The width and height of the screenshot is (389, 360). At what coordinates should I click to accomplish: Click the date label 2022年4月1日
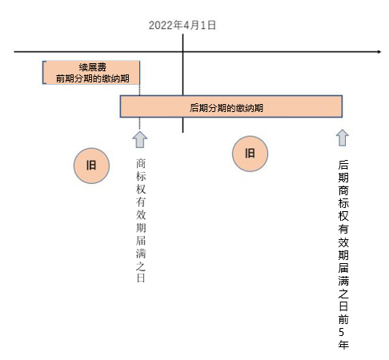pos(182,26)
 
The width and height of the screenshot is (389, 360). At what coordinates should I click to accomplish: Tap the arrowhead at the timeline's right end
pos(379,52)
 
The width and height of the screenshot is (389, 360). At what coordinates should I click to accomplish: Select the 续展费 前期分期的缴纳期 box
pos(91,73)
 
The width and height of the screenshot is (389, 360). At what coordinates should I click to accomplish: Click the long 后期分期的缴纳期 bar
pos(231,106)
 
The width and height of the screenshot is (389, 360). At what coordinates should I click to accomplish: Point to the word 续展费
pos(93,67)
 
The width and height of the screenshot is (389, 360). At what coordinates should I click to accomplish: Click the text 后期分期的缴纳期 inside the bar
pos(227,108)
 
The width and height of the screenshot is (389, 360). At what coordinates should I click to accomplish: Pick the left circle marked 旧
pos(91,166)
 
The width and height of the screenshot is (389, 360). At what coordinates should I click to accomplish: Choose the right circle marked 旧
pos(250,154)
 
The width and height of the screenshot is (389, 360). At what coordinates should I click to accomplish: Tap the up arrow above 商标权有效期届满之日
pos(140,139)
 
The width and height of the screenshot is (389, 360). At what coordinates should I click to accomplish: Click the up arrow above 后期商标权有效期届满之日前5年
pos(343,138)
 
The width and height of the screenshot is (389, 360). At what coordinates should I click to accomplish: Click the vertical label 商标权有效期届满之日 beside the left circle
pos(141,221)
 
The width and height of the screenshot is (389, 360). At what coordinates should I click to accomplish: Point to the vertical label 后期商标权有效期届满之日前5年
pos(343,254)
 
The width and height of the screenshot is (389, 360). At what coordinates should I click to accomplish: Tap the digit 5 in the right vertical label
pos(342,332)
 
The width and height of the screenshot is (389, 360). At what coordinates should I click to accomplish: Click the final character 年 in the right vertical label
pos(343,345)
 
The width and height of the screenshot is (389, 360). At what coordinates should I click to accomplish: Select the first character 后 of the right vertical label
pos(343,165)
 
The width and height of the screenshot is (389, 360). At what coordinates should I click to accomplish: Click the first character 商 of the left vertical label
pos(141,163)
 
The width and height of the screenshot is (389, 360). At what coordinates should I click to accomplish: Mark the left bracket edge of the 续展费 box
pos(43,73)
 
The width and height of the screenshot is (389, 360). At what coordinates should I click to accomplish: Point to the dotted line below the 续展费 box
pos(139,106)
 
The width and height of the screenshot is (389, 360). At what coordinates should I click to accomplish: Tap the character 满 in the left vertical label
pos(141,254)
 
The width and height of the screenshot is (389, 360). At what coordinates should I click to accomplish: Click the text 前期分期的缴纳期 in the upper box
pos(93,78)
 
